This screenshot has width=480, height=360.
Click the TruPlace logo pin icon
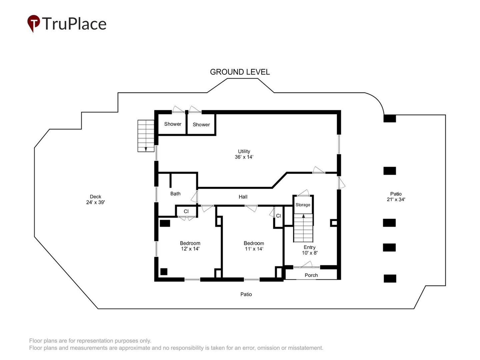(x=33, y=23)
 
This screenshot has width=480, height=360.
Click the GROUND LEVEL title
(x=240, y=72)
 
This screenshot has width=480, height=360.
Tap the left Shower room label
(x=173, y=124)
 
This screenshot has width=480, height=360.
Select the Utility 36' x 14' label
(x=244, y=154)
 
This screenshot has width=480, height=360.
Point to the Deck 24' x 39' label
(x=96, y=199)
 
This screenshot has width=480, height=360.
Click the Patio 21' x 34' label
(x=396, y=197)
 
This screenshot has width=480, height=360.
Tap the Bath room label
(x=175, y=194)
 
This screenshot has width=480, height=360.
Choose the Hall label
(x=243, y=197)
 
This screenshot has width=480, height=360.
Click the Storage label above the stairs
(x=303, y=205)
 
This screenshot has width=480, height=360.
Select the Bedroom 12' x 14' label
(x=190, y=246)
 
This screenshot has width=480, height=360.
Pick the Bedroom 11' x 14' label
(x=254, y=246)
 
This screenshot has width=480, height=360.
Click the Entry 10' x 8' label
(x=310, y=250)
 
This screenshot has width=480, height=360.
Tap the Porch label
(x=311, y=275)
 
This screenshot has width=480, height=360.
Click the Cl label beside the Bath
(x=186, y=211)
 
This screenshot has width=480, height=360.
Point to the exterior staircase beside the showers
(x=146, y=136)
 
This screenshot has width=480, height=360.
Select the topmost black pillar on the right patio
(x=390, y=118)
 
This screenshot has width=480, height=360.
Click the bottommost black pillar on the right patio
(x=390, y=278)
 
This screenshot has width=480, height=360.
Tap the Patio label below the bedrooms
(x=246, y=294)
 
